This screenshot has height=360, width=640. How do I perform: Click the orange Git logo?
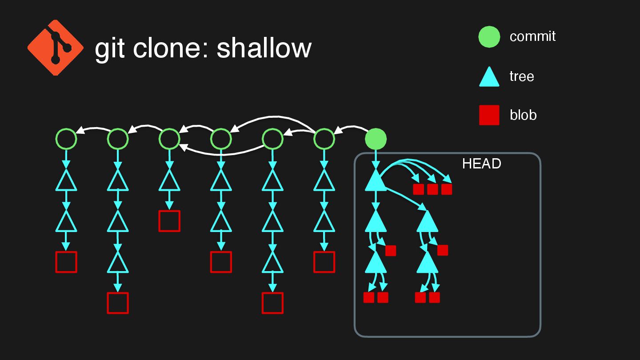point(56,47)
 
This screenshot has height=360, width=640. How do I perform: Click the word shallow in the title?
point(264,48)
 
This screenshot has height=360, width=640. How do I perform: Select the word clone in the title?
point(170,48)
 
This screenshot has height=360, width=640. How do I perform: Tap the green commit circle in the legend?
point(489,37)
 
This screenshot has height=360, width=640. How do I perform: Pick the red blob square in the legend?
point(489,115)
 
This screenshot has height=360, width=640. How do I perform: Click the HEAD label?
point(481,164)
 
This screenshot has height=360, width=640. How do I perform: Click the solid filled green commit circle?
point(376,139)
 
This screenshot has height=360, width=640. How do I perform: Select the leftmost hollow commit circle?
point(66,139)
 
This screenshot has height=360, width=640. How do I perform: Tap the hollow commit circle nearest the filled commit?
point(324,139)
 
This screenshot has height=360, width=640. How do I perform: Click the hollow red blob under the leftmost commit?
point(66,262)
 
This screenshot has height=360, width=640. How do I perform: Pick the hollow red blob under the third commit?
point(169,221)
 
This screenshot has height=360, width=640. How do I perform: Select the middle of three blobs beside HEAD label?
point(432,189)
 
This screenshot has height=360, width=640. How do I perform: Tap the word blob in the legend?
point(523,115)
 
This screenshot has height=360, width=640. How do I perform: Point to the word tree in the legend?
point(521,76)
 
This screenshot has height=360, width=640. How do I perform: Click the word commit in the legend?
point(532,36)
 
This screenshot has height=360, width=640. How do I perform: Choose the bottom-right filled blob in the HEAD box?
point(434,297)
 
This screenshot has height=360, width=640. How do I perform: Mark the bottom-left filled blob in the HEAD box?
point(368,297)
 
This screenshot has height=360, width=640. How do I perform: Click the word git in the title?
point(110,48)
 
